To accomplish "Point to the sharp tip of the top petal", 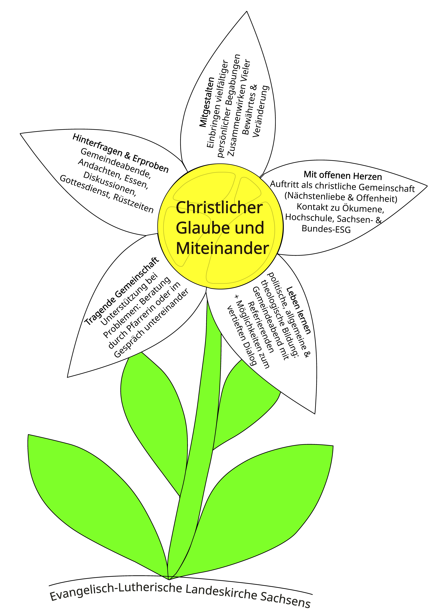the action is pyautogui.click(x=247, y=11).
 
